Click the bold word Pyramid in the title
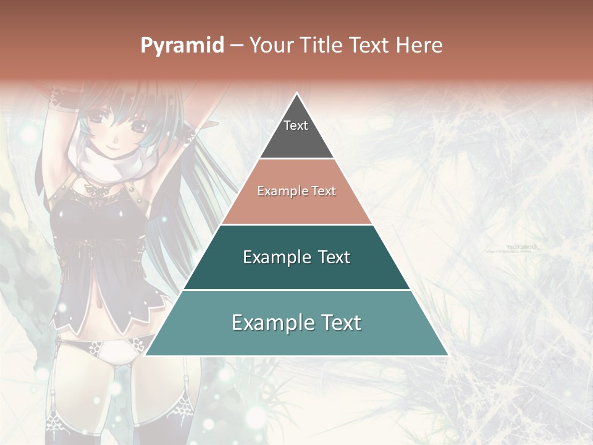tap(182, 45)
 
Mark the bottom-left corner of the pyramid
tap(145, 355)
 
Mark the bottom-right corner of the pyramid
tap(448, 355)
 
